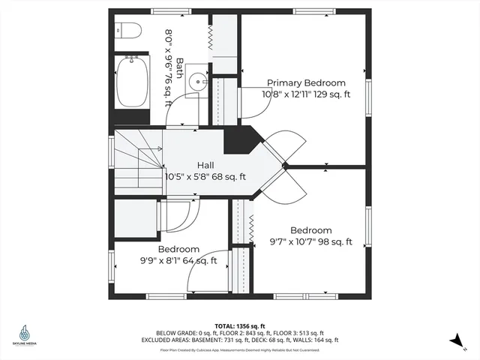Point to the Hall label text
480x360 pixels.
click(x=206, y=165)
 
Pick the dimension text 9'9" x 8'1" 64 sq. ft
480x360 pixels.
click(x=178, y=261)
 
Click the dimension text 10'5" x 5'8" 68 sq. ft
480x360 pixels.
click(x=206, y=177)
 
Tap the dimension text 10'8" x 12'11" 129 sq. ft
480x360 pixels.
click(x=306, y=94)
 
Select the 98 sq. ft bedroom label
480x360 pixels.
click(x=310, y=230)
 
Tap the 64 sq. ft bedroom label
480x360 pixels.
click(x=178, y=249)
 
